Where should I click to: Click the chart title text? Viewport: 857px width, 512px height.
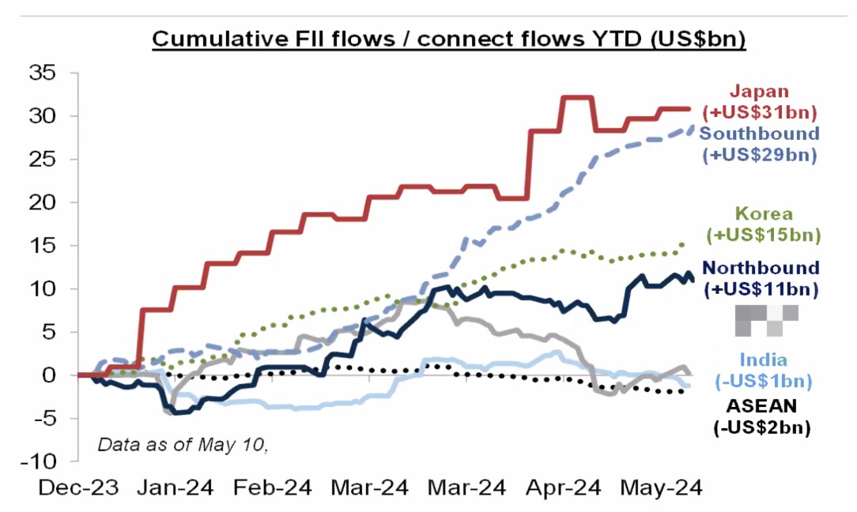tap(449, 40)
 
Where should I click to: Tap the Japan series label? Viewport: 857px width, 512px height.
tap(760, 102)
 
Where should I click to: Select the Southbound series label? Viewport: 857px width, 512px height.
tap(760, 145)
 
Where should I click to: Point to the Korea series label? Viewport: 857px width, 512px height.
tap(764, 224)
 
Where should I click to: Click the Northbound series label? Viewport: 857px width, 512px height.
tap(761, 278)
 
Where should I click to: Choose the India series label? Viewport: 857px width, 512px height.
tap(764, 371)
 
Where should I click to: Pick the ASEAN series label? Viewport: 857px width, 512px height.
tap(762, 416)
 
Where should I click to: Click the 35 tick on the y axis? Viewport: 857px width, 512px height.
tap(43, 72)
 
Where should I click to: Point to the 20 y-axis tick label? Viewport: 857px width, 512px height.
tap(43, 202)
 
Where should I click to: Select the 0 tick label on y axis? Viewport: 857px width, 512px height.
tap(49, 375)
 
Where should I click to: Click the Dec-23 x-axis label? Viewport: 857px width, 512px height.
tap(78, 488)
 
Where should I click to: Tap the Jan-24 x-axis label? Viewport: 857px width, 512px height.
tap(175, 488)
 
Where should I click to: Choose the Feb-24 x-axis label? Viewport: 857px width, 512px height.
tap(272, 488)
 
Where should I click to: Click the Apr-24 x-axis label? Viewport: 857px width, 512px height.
tap(563, 488)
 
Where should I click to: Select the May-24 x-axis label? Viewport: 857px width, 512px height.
tap(661, 488)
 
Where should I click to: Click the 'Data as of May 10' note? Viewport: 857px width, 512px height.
tap(183, 445)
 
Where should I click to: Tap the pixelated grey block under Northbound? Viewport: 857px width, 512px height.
tap(767, 320)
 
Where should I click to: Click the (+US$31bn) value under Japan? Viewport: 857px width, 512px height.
tap(760, 112)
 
